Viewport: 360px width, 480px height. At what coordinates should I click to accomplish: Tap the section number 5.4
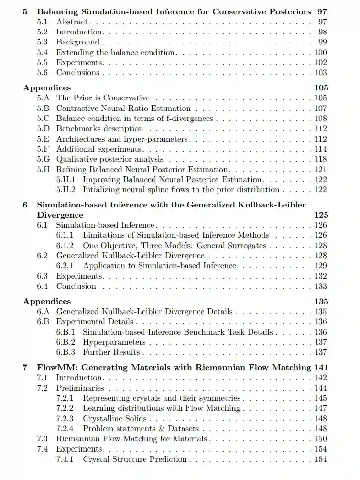coord(43,53)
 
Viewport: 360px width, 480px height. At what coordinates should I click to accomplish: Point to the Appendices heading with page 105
coord(47,87)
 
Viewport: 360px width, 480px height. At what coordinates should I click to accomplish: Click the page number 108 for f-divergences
coord(320,119)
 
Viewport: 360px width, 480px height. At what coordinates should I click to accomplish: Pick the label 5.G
coord(43,159)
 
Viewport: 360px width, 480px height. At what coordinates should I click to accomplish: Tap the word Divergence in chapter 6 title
coord(60,215)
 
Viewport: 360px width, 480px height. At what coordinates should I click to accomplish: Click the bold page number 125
coord(321,215)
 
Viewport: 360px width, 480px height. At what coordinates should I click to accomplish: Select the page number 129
coord(320,266)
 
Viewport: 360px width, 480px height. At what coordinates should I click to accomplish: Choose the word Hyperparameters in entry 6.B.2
coord(114,342)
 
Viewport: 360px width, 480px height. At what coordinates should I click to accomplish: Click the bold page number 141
coord(320,367)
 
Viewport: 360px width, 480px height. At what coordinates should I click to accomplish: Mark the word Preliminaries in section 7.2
coord(80,388)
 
